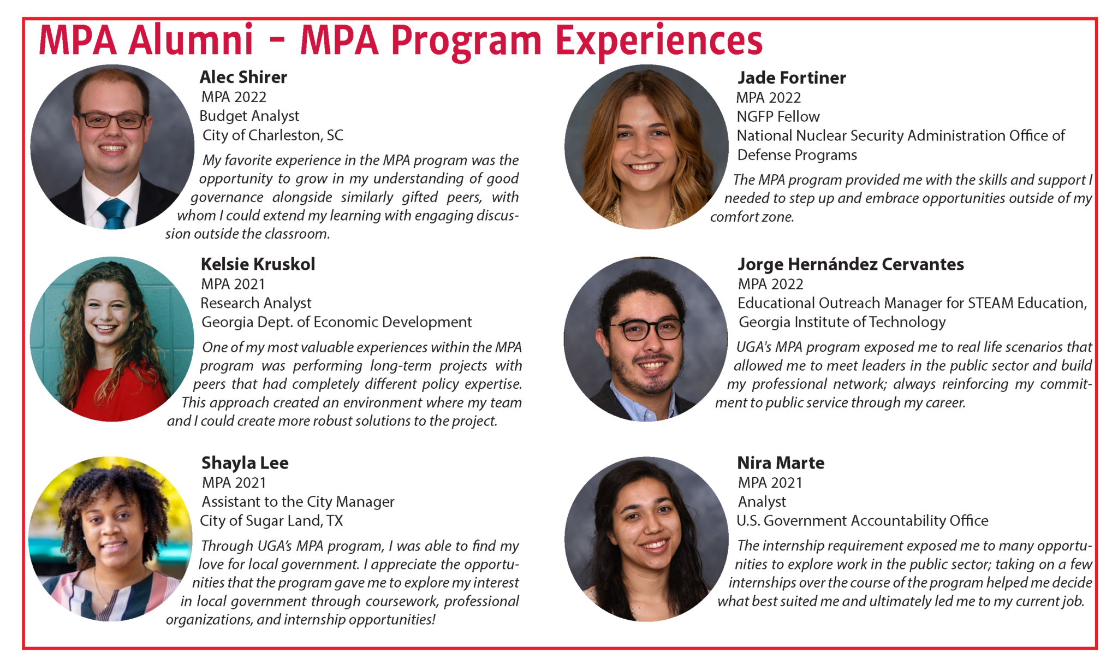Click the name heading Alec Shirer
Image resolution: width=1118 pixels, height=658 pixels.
click(243, 77)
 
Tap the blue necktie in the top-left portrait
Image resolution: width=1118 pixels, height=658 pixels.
click(114, 213)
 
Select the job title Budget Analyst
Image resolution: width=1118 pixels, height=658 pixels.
click(249, 116)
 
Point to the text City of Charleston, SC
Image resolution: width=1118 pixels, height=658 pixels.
click(273, 135)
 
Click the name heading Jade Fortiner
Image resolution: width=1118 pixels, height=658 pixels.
click(792, 78)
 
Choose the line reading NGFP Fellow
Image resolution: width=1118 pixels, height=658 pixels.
click(778, 116)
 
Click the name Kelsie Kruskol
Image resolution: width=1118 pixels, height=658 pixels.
click(258, 264)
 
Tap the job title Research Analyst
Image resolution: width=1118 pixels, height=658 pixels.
click(256, 303)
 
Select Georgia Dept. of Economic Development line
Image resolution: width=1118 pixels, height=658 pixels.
click(337, 322)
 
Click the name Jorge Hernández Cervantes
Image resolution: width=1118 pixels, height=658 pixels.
click(851, 264)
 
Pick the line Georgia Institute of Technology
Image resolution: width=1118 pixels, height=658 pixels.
click(842, 322)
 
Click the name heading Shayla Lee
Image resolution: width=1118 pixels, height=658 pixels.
click(245, 463)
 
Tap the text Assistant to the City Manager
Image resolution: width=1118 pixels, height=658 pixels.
click(298, 502)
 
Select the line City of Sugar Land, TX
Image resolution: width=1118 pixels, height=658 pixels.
click(271, 521)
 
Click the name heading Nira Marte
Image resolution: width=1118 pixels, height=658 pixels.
click(781, 463)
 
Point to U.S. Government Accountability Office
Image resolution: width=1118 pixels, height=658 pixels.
click(863, 521)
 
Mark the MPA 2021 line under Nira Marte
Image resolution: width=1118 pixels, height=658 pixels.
click(770, 483)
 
